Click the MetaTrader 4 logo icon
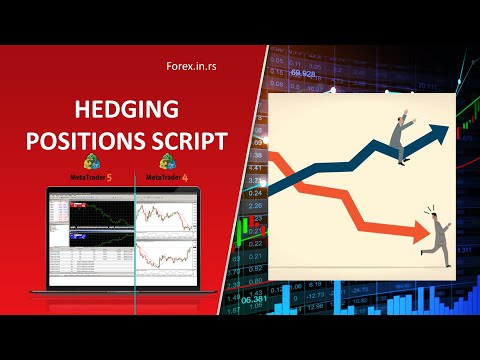(x=166, y=162)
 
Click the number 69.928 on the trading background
(x=305, y=73)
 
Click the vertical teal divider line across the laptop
(x=131, y=235)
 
